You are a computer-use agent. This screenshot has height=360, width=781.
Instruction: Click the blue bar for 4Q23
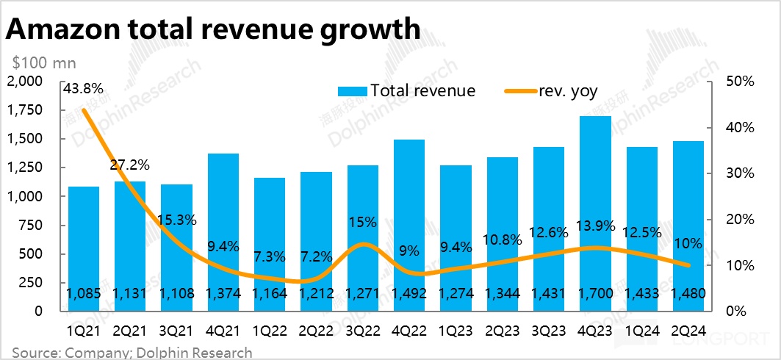[x=596, y=213]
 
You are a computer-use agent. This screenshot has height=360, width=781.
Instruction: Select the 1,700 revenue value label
[x=596, y=294]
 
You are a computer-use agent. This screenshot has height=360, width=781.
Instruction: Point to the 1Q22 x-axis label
[x=269, y=329]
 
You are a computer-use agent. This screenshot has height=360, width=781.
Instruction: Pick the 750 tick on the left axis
[x=34, y=225]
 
